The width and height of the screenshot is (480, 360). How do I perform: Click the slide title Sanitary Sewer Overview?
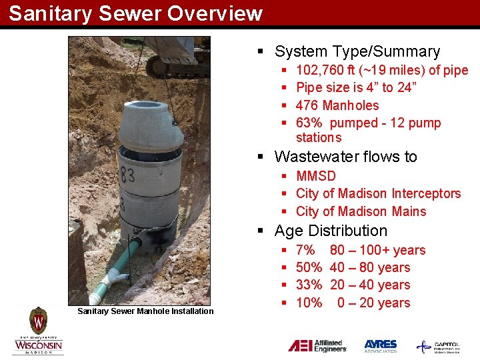[x=135, y=13]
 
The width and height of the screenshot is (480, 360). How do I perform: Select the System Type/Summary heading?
[x=357, y=51]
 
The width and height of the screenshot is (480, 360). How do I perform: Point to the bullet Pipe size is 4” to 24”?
[x=356, y=87]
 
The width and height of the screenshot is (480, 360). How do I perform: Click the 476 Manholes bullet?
[x=337, y=105]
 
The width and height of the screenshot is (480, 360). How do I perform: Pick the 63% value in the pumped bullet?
[x=309, y=123]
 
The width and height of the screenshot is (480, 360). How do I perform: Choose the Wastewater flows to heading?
[x=345, y=157]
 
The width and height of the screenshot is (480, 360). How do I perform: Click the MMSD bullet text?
[x=316, y=176]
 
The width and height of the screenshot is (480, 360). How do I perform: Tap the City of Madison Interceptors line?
[x=378, y=193]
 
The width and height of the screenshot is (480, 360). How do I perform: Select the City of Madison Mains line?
[x=361, y=211]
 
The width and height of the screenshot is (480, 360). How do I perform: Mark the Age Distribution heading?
[x=331, y=231]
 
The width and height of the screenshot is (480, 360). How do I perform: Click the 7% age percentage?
[x=305, y=250]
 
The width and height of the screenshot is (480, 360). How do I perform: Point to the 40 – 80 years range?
[x=370, y=267]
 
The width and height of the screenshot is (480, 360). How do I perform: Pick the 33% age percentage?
[x=309, y=285]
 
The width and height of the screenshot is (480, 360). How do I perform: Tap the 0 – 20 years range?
[x=373, y=303]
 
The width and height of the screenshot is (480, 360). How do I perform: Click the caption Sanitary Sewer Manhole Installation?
[x=145, y=311]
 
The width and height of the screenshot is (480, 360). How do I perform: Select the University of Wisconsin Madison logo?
[x=38, y=331]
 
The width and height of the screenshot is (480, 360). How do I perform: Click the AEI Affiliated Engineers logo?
[x=317, y=346]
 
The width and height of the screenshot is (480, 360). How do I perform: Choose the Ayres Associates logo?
[x=381, y=346]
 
